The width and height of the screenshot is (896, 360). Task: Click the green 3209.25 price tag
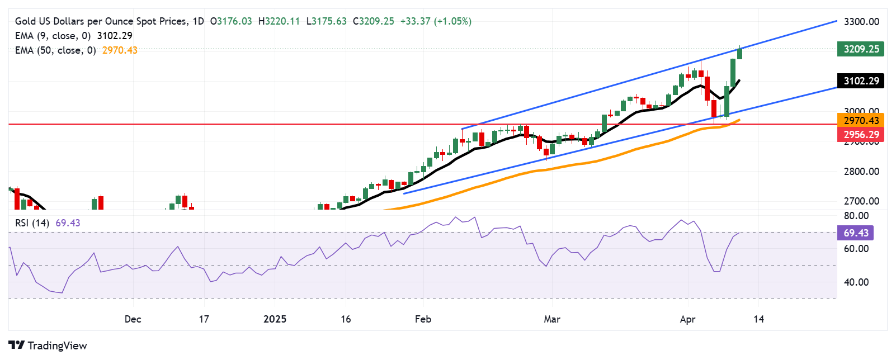pos(861,49)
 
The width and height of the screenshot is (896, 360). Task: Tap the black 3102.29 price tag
pos(861,81)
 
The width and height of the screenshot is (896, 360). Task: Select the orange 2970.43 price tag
pos(861,120)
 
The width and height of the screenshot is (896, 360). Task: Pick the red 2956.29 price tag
pos(861,134)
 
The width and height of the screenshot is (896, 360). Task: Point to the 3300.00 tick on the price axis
pos(861,22)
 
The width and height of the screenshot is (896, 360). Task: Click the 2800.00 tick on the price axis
pos(861,172)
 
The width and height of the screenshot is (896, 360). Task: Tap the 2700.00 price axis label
pos(861,201)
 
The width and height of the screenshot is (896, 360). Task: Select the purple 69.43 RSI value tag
pos(856,233)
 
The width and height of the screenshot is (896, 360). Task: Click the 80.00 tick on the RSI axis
pos(856,216)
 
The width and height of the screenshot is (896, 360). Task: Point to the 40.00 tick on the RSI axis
pos(856,282)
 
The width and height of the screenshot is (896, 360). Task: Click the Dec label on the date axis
pos(133,319)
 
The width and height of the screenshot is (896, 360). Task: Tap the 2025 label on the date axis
pos(275,319)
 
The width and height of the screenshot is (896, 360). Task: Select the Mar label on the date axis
pos(552,319)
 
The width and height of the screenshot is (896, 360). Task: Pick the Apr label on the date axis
pos(687,319)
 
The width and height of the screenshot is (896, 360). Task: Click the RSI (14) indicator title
pos(32,223)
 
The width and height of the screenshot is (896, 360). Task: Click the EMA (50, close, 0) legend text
pos(55,50)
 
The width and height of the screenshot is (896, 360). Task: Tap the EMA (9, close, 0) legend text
pos(53,36)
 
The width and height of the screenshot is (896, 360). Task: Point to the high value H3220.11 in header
pos(279,21)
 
